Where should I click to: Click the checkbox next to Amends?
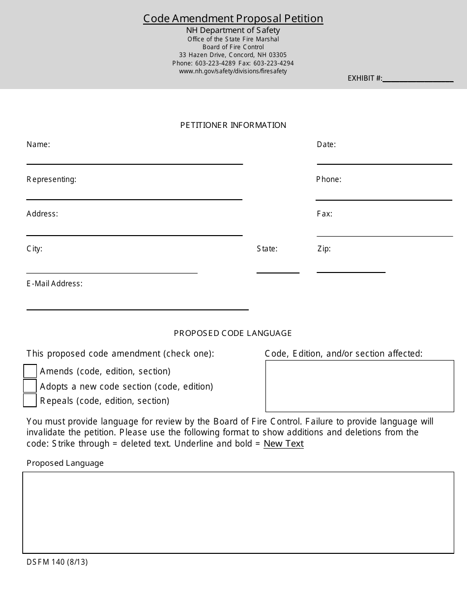click(x=30, y=371)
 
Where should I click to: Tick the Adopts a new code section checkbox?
click(x=30, y=386)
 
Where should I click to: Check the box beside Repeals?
click(x=30, y=400)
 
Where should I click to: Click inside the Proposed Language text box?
click(x=238, y=513)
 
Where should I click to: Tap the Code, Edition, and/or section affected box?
click(x=359, y=386)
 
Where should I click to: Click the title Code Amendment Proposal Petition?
click(x=233, y=19)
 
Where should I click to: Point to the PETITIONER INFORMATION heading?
click(x=233, y=125)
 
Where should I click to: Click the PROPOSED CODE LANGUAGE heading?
click(x=233, y=333)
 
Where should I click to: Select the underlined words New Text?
click(x=284, y=444)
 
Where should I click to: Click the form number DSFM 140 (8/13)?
click(x=57, y=562)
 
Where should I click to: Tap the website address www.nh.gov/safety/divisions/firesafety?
click(x=233, y=71)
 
